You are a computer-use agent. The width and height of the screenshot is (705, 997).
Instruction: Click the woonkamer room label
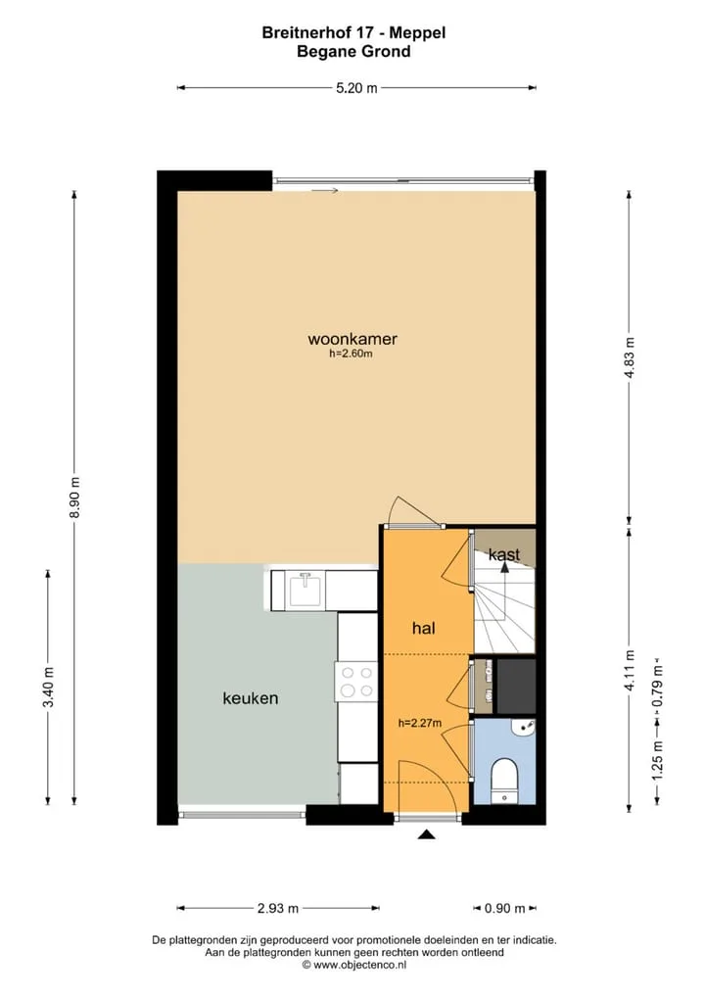click(352, 339)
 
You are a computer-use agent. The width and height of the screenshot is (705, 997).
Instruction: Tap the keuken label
click(251, 698)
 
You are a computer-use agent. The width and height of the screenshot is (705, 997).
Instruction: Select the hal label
click(423, 628)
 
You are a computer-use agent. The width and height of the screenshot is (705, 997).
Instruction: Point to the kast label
click(504, 554)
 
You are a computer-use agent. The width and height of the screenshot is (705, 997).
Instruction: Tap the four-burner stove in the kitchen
click(356, 681)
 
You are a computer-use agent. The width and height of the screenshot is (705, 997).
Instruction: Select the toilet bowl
click(505, 780)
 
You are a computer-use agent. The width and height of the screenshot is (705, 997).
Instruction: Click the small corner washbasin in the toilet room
click(526, 728)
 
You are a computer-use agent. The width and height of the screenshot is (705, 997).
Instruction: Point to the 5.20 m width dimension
click(356, 88)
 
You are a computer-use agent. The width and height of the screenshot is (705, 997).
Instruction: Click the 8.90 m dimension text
click(74, 498)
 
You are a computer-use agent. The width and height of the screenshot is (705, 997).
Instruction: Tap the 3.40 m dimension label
click(48, 687)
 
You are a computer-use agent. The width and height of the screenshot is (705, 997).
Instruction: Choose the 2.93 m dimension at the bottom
click(278, 908)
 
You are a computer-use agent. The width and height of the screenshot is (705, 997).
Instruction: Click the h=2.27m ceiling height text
click(419, 723)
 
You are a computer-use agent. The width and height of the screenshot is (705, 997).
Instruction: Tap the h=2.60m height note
click(351, 355)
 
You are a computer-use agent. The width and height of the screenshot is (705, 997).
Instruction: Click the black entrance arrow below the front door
click(427, 834)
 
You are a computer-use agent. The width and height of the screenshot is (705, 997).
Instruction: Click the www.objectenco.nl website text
click(359, 966)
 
